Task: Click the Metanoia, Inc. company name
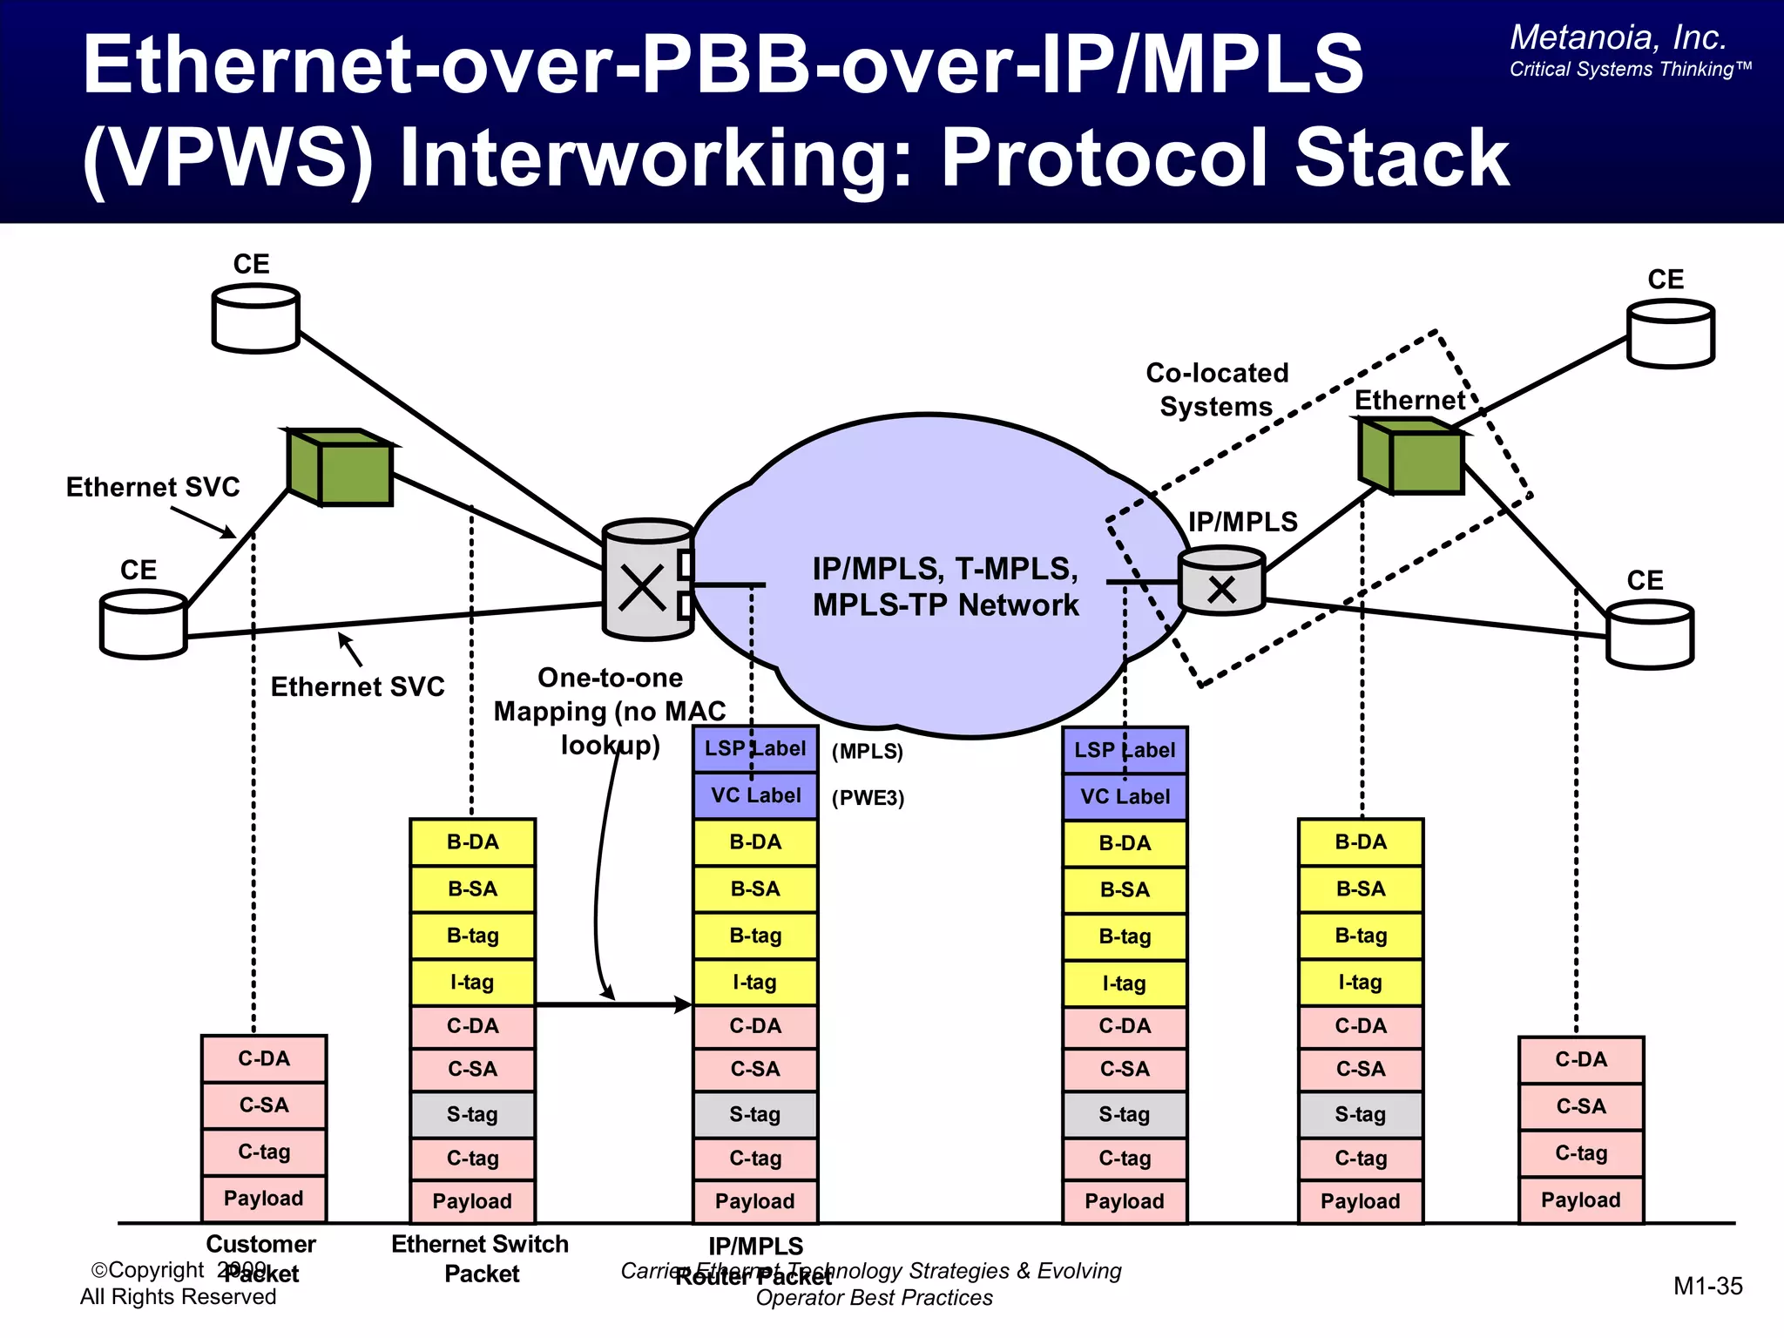(1618, 37)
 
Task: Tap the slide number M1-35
(1707, 1286)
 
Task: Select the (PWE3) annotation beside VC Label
(868, 798)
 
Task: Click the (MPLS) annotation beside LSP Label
(867, 751)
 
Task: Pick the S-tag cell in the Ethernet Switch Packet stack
(472, 1114)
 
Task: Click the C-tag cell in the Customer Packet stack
(264, 1152)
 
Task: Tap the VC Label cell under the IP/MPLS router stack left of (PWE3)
(755, 795)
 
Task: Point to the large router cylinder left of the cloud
(647, 580)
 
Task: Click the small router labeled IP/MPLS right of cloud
(1221, 581)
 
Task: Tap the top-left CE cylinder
(256, 319)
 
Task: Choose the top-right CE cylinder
(1670, 334)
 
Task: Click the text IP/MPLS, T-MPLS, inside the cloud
(945, 569)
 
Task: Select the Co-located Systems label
(1216, 389)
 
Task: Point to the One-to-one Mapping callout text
(610, 711)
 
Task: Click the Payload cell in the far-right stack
(1580, 1199)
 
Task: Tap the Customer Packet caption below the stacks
(260, 1258)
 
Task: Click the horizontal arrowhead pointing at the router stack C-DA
(684, 1004)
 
